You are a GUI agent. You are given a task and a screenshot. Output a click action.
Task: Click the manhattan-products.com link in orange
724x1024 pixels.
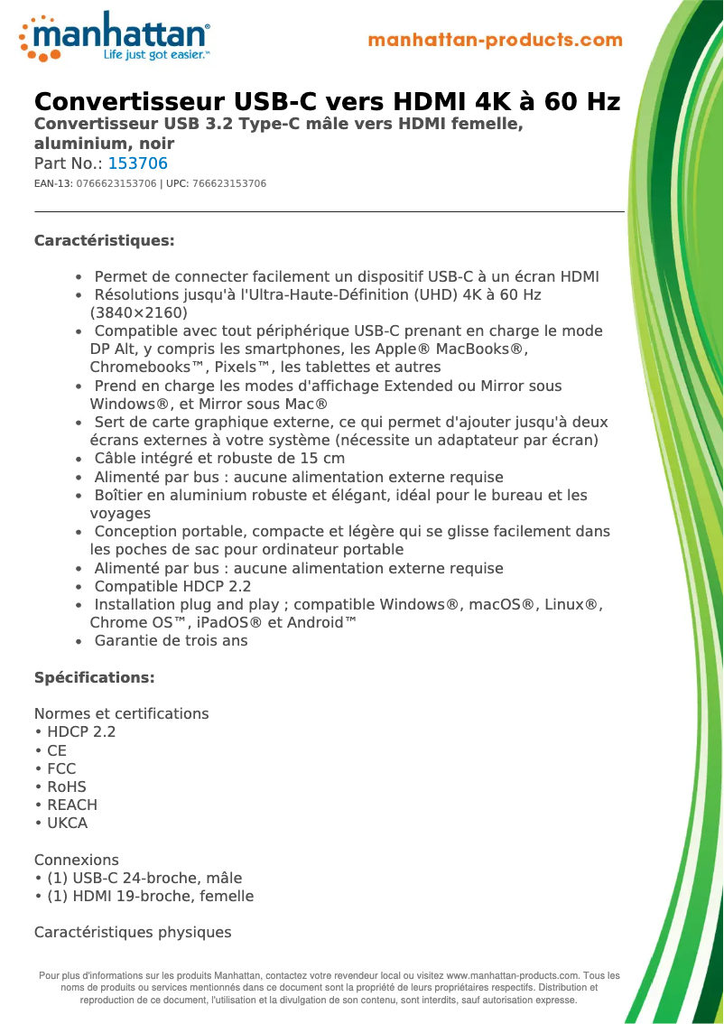tap(495, 40)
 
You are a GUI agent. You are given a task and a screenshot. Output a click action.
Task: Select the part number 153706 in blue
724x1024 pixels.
tap(137, 163)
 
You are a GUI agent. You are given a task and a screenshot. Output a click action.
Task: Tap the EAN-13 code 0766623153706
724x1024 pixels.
tap(116, 183)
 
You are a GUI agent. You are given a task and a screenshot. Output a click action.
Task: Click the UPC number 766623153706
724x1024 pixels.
tap(229, 183)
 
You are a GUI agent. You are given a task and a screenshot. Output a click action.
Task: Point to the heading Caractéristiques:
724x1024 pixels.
tap(104, 240)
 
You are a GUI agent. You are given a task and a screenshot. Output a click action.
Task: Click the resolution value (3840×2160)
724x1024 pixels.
tap(139, 312)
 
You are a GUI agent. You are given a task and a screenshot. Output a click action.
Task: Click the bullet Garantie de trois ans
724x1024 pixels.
tap(171, 640)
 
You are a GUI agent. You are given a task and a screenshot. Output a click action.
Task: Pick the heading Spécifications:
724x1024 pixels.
tap(94, 677)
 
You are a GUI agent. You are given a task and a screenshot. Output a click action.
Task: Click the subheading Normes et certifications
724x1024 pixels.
tap(121, 713)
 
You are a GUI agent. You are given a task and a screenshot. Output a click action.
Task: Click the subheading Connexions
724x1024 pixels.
tap(77, 860)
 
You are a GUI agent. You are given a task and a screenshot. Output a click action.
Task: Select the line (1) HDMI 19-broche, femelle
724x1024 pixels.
tap(150, 896)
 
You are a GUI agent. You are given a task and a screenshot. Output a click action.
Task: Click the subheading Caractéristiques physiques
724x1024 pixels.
tap(133, 932)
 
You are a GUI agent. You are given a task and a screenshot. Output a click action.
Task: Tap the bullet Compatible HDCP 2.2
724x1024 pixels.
tap(172, 586)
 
